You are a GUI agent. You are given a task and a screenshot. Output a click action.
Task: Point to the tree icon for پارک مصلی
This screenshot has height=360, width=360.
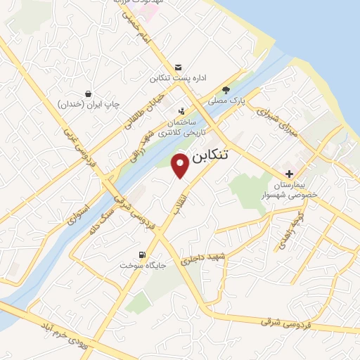point(226,90)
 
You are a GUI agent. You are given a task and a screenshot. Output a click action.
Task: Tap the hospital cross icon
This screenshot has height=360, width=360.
point(289,174)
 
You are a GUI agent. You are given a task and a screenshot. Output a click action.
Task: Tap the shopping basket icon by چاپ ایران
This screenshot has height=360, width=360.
point(88,94)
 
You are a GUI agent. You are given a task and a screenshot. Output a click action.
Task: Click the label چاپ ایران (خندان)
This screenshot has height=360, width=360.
point(89,105)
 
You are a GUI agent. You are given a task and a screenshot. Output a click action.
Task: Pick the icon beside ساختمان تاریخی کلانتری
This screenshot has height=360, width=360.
point(182,111)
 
